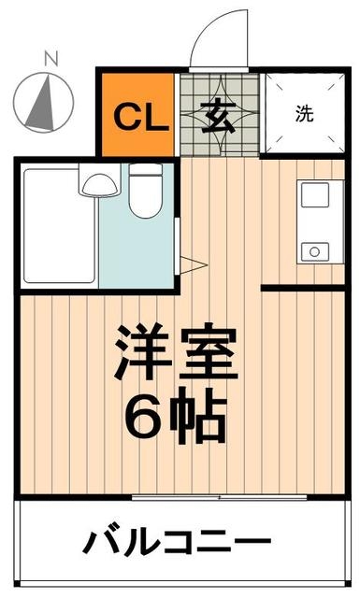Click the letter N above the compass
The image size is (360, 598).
(x=51, y=61)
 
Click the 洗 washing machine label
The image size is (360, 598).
(x=305, y=115)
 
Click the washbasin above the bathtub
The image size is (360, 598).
(x=95, y=183)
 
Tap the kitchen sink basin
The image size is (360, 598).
(x=311, y=196)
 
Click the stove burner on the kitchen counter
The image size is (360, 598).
(x=313, y=250)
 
